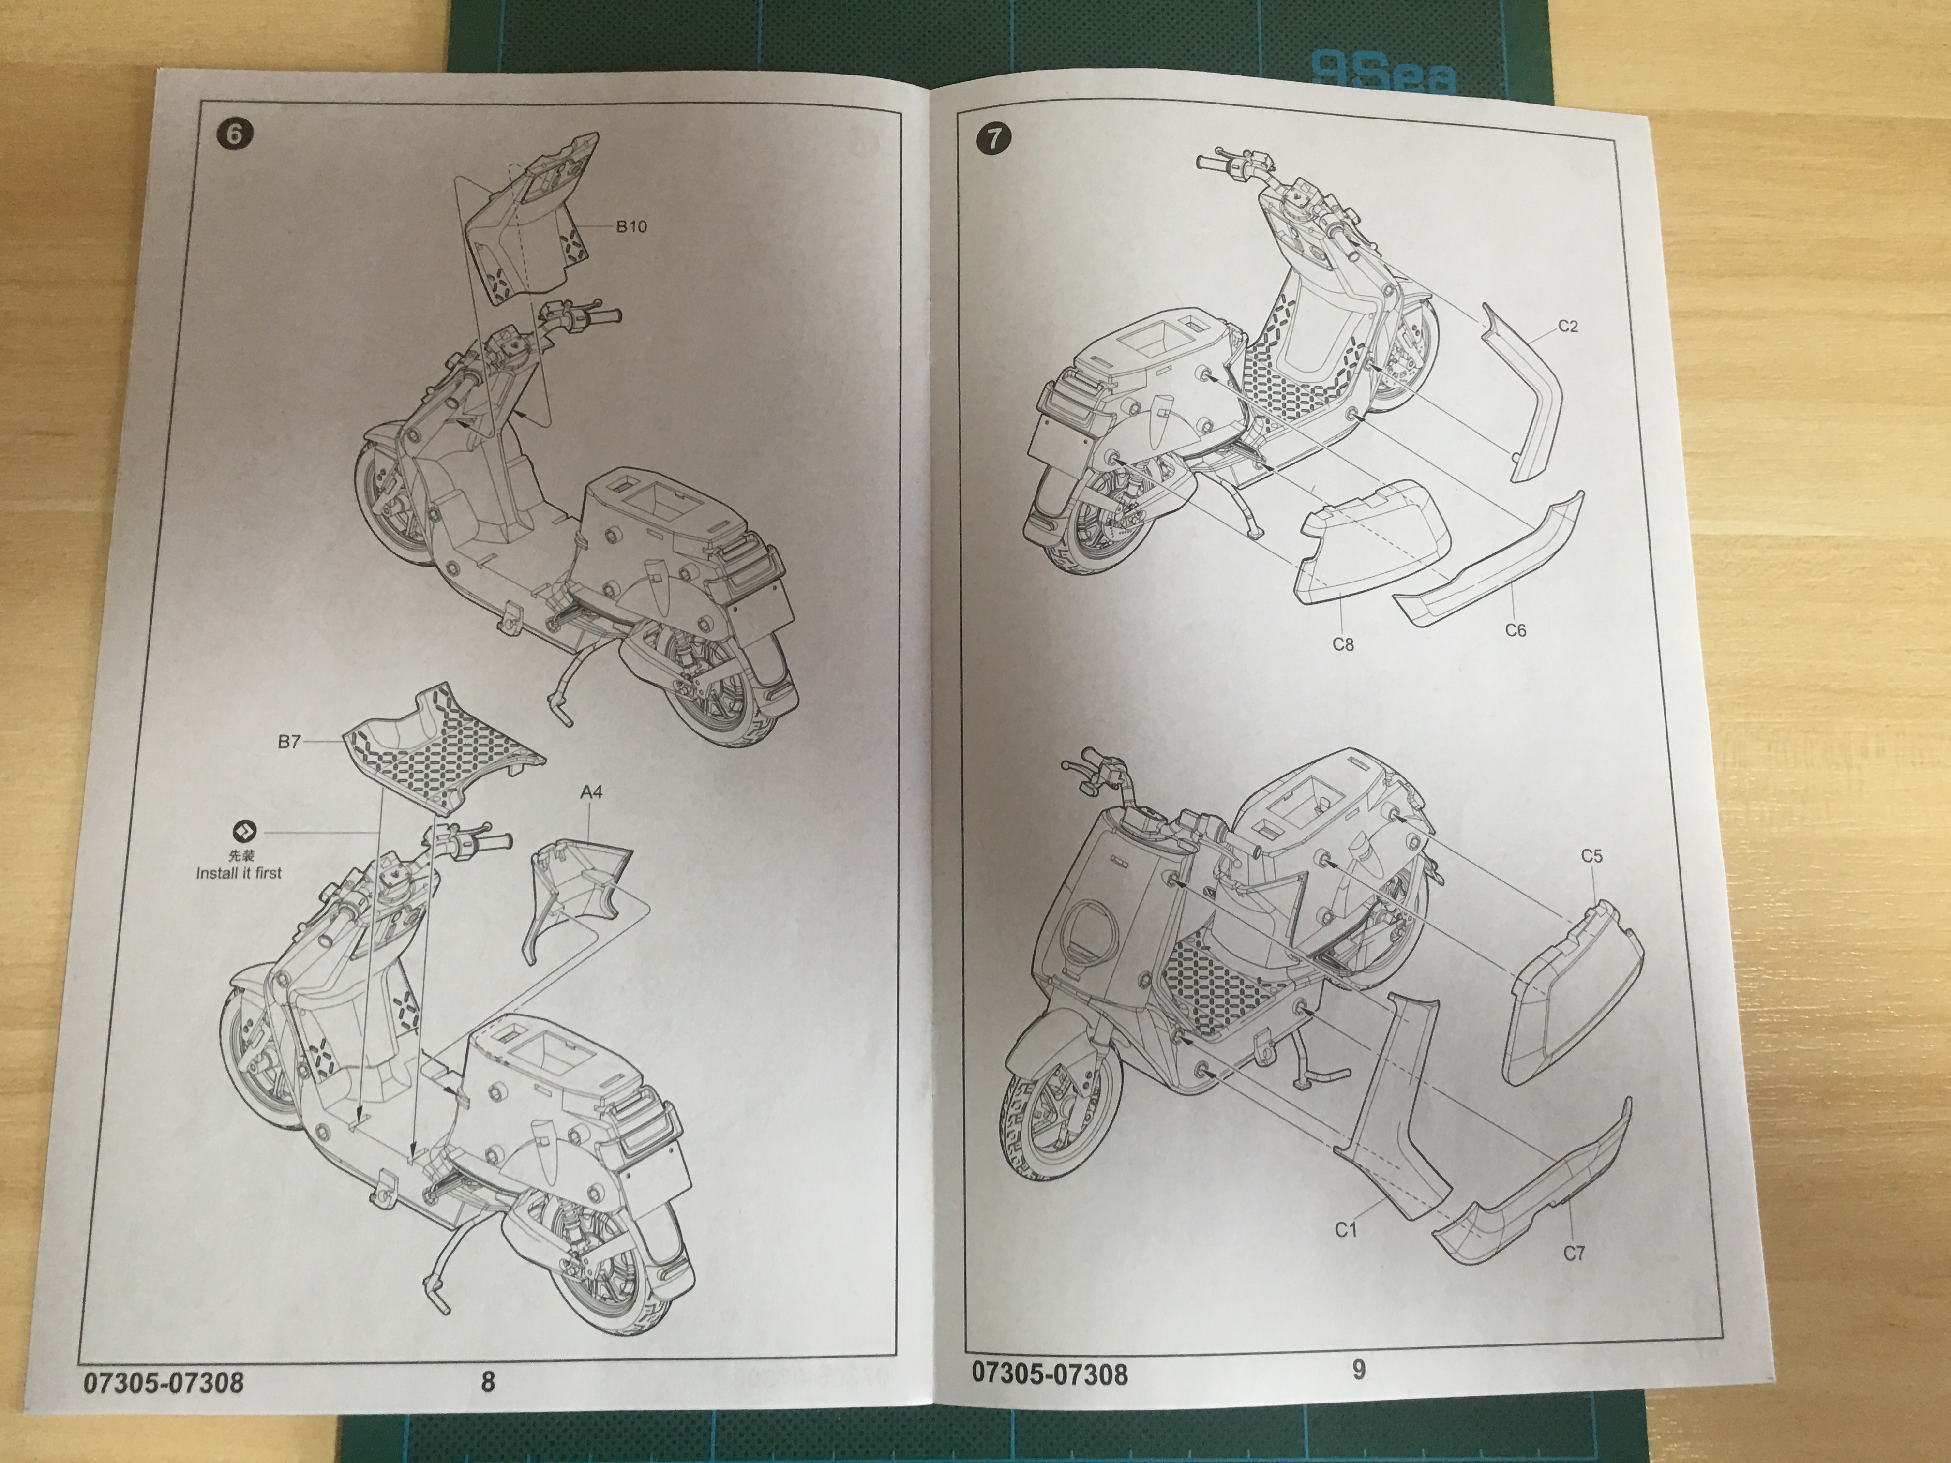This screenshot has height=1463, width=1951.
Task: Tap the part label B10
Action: click(631, 226)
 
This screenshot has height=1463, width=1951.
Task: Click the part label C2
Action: click(1567, 326)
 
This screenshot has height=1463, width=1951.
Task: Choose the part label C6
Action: click(1516, 630)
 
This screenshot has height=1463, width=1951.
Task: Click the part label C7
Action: click(1575, 1252)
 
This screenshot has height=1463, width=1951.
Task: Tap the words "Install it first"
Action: click(239, 873)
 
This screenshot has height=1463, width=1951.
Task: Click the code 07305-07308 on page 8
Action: click(164, 1381)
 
